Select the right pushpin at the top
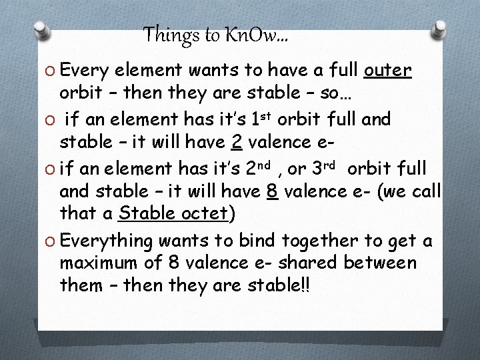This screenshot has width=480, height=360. click(x=440, y=29)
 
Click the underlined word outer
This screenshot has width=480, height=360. click(x=388, y=70)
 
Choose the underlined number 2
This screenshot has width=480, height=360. click(x=235, y=142)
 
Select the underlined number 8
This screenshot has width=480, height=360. click(x=271, y=192)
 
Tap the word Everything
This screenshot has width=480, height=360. click(x=110, y=241)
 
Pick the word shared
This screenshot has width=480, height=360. click(x=311, y=263)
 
